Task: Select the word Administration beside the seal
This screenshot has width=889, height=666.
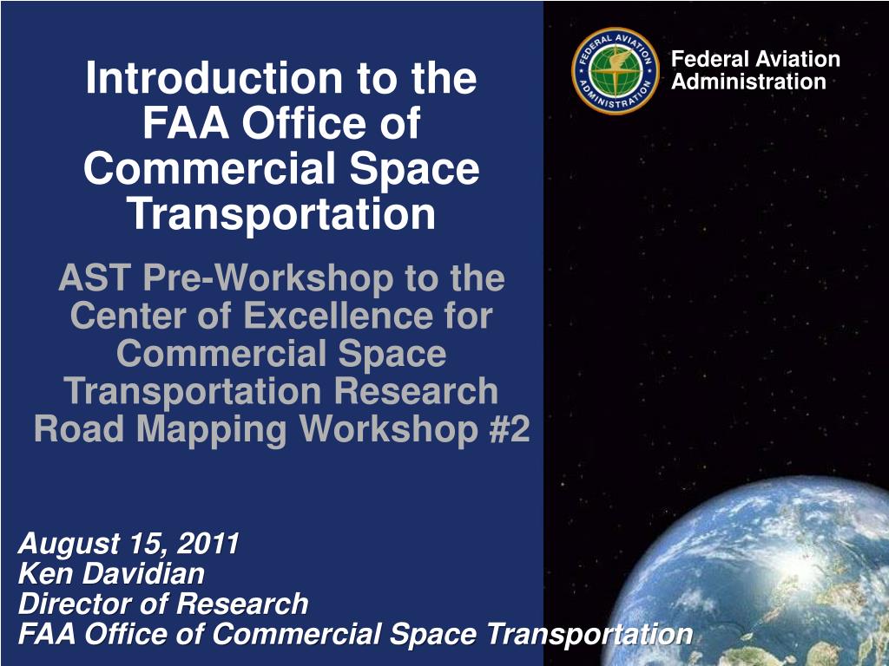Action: point(748,82)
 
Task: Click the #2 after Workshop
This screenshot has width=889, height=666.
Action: point(506,429)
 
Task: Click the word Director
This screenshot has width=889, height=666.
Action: point(73,604)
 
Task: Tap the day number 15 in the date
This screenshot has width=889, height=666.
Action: point(149,545)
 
